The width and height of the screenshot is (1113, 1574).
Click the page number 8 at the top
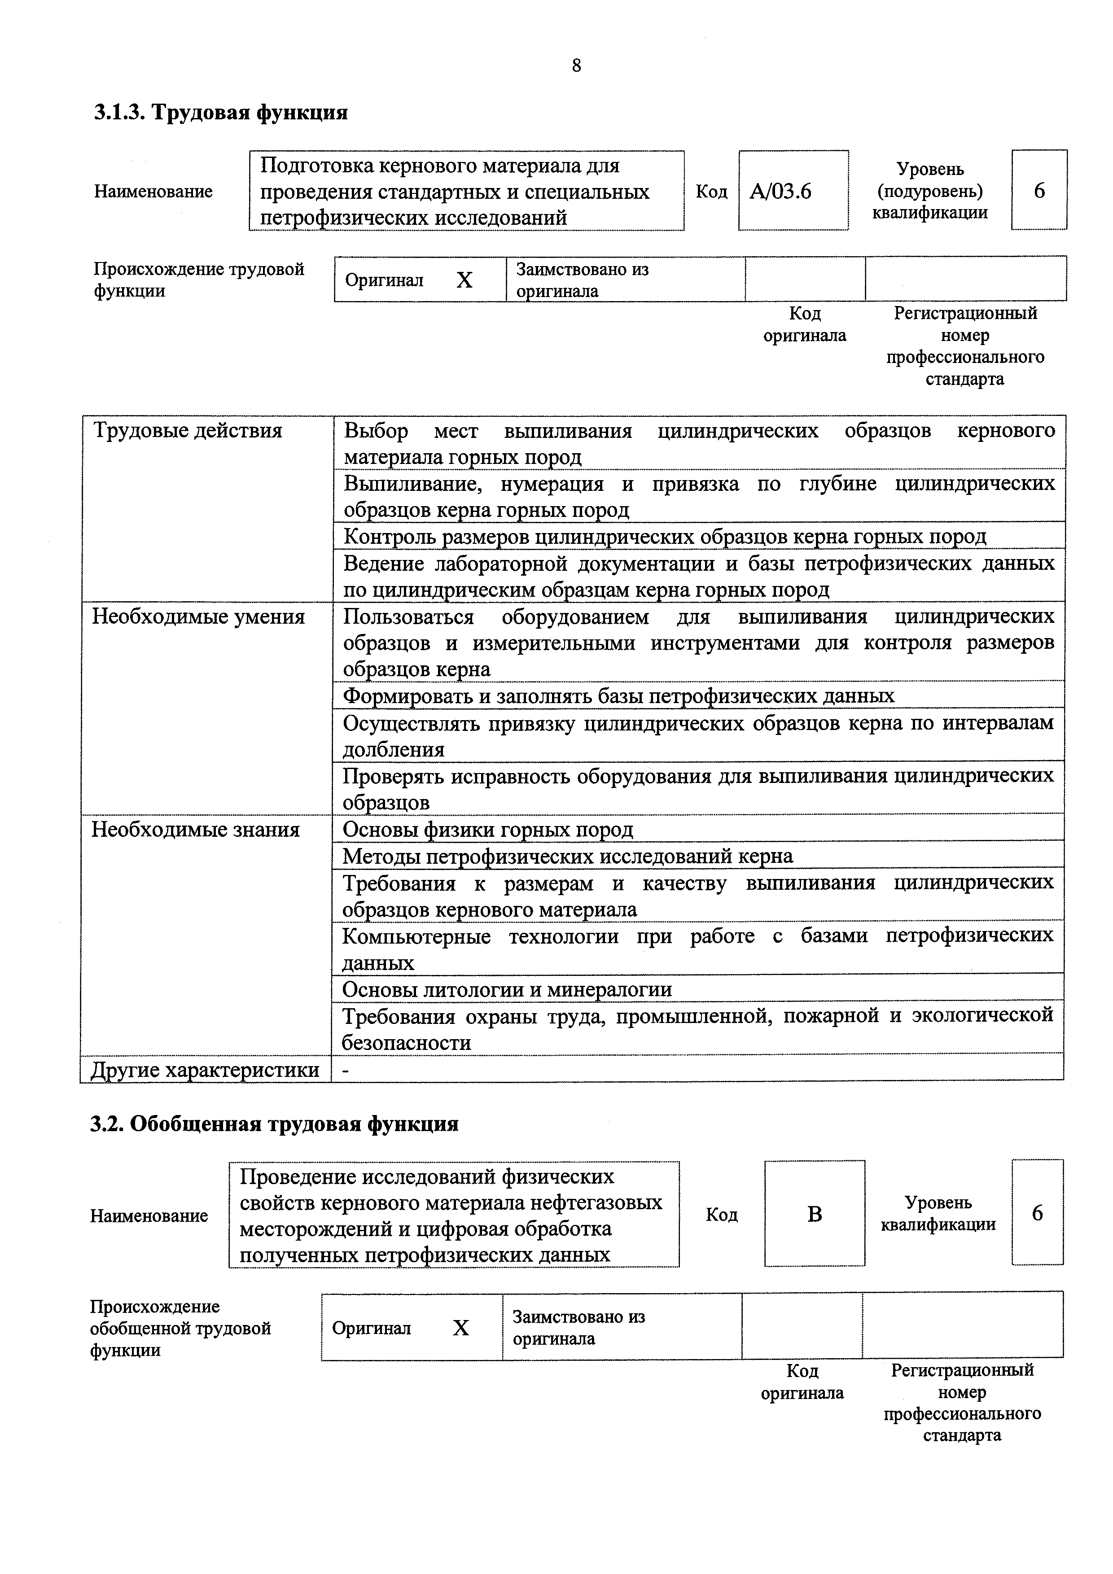coord(576,66)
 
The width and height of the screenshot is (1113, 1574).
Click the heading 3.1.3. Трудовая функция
coord(221,112)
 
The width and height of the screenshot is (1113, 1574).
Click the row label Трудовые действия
coord(187,431)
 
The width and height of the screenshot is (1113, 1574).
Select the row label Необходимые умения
coord(198,617)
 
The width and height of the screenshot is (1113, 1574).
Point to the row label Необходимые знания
coord(196,830)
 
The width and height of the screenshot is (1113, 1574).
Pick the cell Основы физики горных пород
coord(487,830)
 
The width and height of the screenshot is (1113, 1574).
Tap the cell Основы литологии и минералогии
coord(507,989)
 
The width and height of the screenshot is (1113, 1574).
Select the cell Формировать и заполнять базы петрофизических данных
coord(618,696)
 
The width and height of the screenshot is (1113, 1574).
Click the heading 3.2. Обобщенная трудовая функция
coord(274,1124)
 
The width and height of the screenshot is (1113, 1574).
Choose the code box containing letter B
coord(814,1215)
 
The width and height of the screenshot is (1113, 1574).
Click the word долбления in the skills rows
coord(394,749)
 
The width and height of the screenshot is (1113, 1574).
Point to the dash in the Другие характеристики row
coord(346,1069)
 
